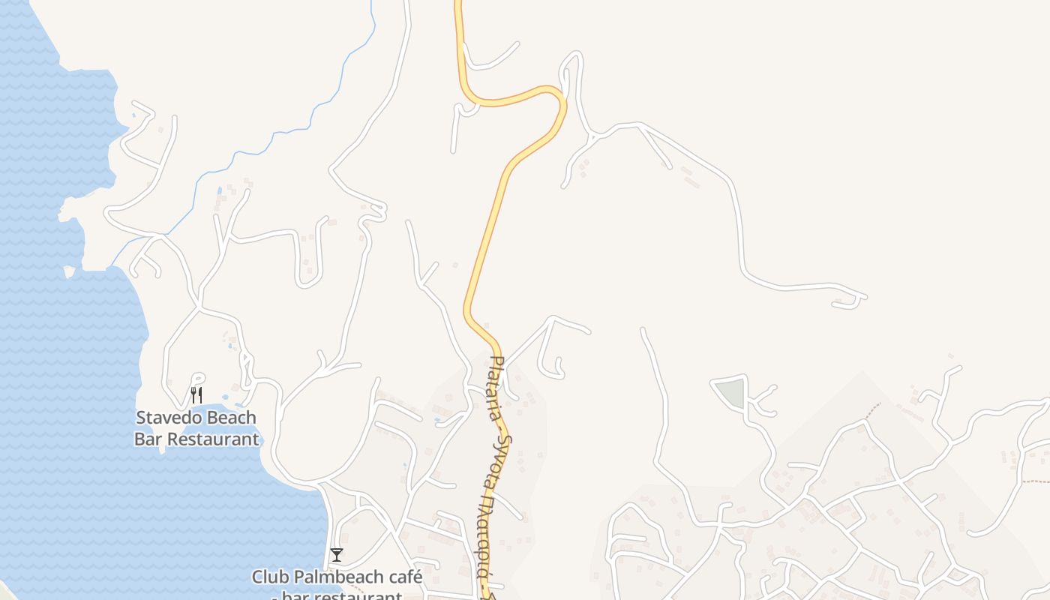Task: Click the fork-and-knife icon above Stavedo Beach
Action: tap(196, 394)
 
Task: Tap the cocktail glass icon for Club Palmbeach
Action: tap(337, 555)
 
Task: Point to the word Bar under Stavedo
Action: tap(148, 439)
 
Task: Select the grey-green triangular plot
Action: tap(731, 392)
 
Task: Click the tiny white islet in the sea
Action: tap(69, 271)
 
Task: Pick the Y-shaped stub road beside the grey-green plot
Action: tap(763, 400)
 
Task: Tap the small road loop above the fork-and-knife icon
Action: tap(198, 378)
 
